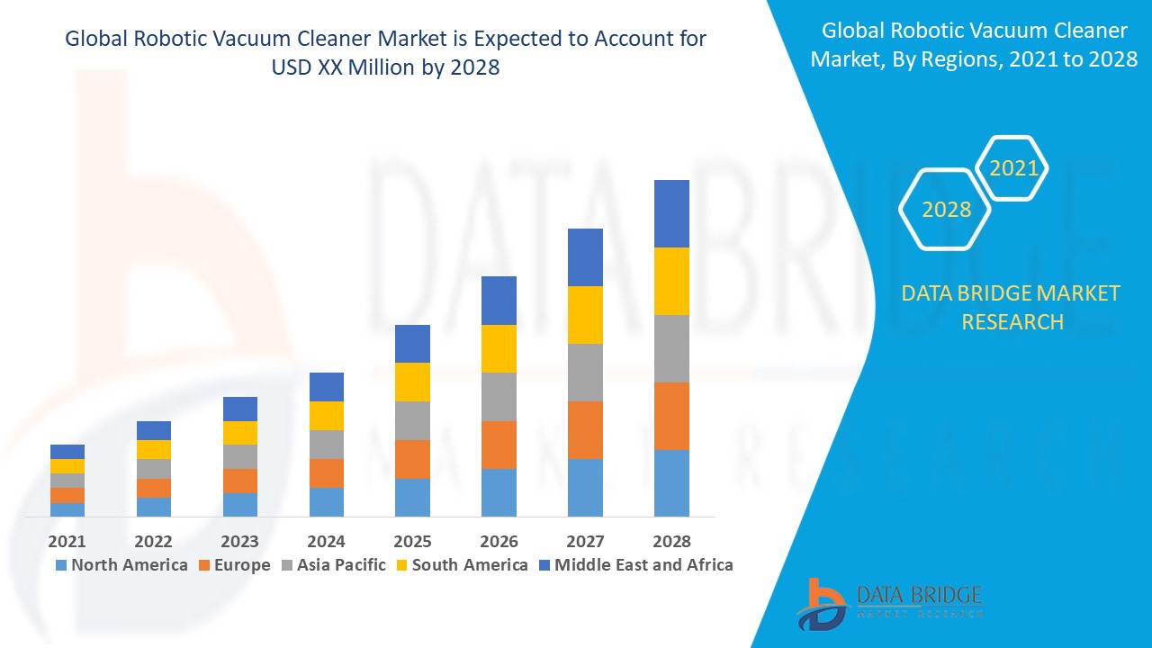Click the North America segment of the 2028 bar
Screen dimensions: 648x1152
point(671,482)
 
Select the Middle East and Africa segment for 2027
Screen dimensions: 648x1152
point(585,257)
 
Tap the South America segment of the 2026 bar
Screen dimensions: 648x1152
point(499,348)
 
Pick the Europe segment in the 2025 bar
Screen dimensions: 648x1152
point(412,459)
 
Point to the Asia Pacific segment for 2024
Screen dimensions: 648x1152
point(327,445)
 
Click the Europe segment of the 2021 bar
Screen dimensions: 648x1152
point(67,495)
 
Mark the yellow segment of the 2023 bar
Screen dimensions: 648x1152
point(240,433)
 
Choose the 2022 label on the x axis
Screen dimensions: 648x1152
point(154,541)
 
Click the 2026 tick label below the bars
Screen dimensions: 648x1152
point(499,541)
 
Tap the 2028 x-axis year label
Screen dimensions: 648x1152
point(671,541)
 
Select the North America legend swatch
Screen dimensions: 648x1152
point(61,565)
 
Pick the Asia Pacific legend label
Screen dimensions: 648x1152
point(341,565)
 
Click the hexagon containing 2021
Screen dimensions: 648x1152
point(1013,167)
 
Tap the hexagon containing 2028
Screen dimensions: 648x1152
point(946,209)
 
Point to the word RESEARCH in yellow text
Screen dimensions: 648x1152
point(1012,321)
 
